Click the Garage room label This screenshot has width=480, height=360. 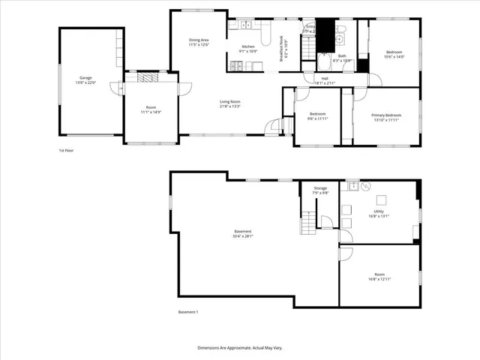85,77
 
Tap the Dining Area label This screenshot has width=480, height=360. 199,40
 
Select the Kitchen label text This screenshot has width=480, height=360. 247,47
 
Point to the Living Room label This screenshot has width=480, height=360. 229,101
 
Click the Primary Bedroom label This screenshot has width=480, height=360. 386,115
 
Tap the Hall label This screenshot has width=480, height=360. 325,78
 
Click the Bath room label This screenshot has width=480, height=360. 342,55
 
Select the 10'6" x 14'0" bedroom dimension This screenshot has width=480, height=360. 394,57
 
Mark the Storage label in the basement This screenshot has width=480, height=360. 320,188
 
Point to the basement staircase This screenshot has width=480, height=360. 307,223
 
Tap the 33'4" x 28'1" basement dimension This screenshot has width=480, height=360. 243,236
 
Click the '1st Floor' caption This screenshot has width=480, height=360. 66,150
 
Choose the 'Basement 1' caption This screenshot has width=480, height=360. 187,311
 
